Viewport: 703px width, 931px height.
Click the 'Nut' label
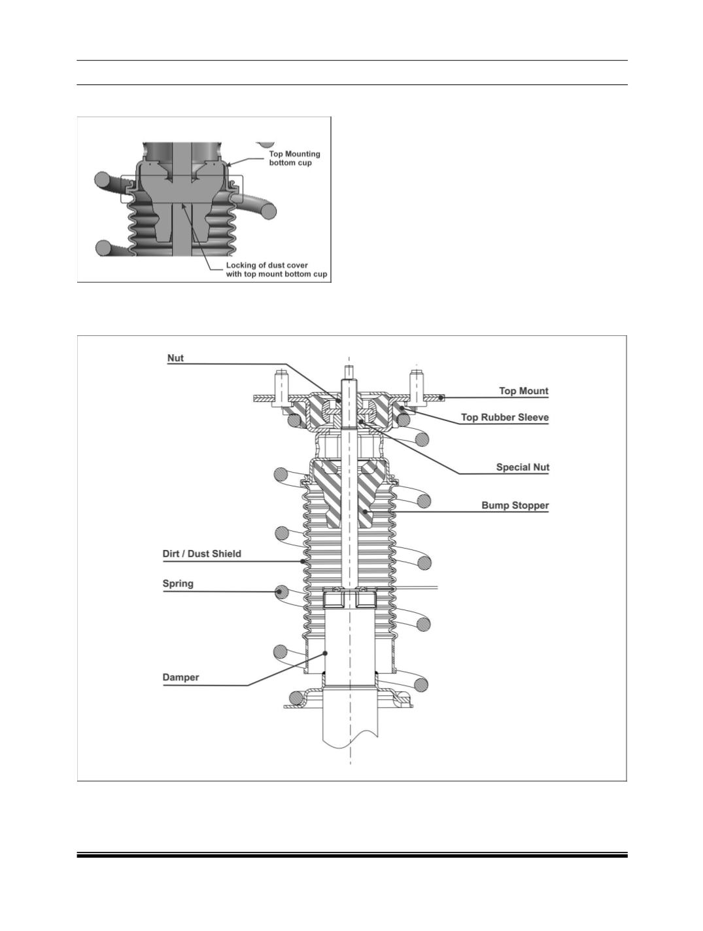(x=175, y=358)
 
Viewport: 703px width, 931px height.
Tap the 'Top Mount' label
(x=523, y=391)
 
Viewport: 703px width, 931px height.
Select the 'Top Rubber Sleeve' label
(x=505, y=417)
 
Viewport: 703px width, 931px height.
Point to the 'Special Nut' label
(x=523, y=467)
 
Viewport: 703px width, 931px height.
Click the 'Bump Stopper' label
(x=515, y=505)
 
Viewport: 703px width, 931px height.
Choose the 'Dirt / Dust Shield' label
(x=202, y=554)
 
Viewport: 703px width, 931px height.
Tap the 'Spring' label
(x=178, y=583)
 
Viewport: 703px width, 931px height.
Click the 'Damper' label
(x=181, y=678)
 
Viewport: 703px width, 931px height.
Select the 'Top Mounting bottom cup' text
(x=295, y=158)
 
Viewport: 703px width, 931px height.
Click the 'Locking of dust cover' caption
(x=267, y=266)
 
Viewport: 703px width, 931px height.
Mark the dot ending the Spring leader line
(x=279, y=591)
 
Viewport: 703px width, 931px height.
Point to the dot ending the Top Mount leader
(x=441, y=397)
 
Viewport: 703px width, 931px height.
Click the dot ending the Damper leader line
(x=325, y=653)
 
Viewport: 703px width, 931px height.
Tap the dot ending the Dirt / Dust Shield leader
(x=303, y=561)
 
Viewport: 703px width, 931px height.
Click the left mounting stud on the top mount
(x=281, y=388)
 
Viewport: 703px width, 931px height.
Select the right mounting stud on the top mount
(x=417, y=388)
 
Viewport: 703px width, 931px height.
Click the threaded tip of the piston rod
(x=350, y=372)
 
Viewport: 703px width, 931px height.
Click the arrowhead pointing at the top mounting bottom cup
(x=229, y=164)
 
